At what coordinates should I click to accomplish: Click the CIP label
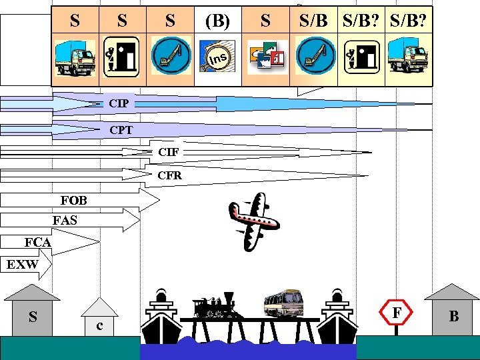click(x=119, y=104)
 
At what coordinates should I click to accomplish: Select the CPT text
click(x=121, y=130)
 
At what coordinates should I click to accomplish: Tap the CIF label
click(x=168, y=152)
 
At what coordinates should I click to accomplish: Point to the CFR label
click(x=169, y=176)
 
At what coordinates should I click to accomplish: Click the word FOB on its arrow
click(x=73, y=200)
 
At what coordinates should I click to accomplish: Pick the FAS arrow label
click(x=65, y=220)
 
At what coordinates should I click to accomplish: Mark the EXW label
click(x=22, y=265)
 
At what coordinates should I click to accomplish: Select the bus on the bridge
click(x=283, y=303)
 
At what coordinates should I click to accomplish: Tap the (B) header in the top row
click(x=217, y=21)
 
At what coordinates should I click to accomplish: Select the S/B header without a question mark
click(x=313, y=21)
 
